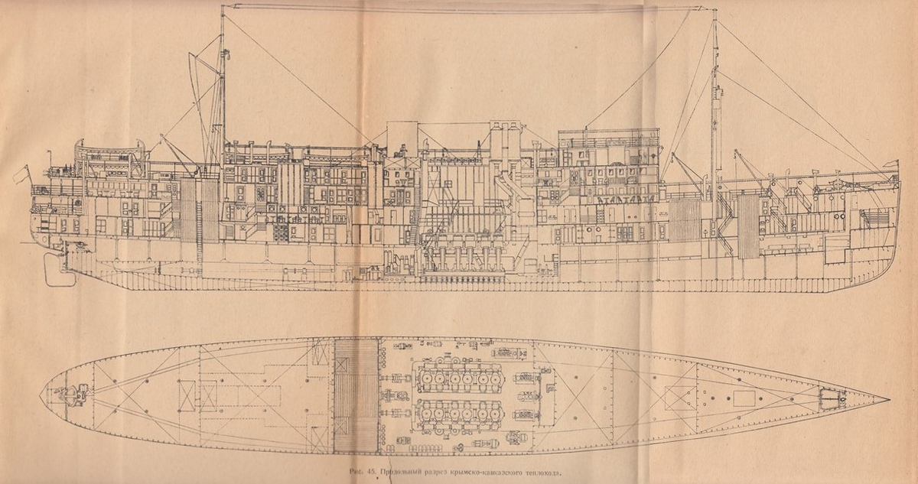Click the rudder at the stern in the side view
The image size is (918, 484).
pos(56,270)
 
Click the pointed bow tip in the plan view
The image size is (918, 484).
pos(887,400)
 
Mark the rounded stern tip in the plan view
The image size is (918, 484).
pos(43,395)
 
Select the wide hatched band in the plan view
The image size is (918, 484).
pos(356,396)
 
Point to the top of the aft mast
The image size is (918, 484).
pos(222,9)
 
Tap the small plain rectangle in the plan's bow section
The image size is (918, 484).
pos(744,398)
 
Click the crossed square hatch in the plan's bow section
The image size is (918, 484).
pos(680,398)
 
